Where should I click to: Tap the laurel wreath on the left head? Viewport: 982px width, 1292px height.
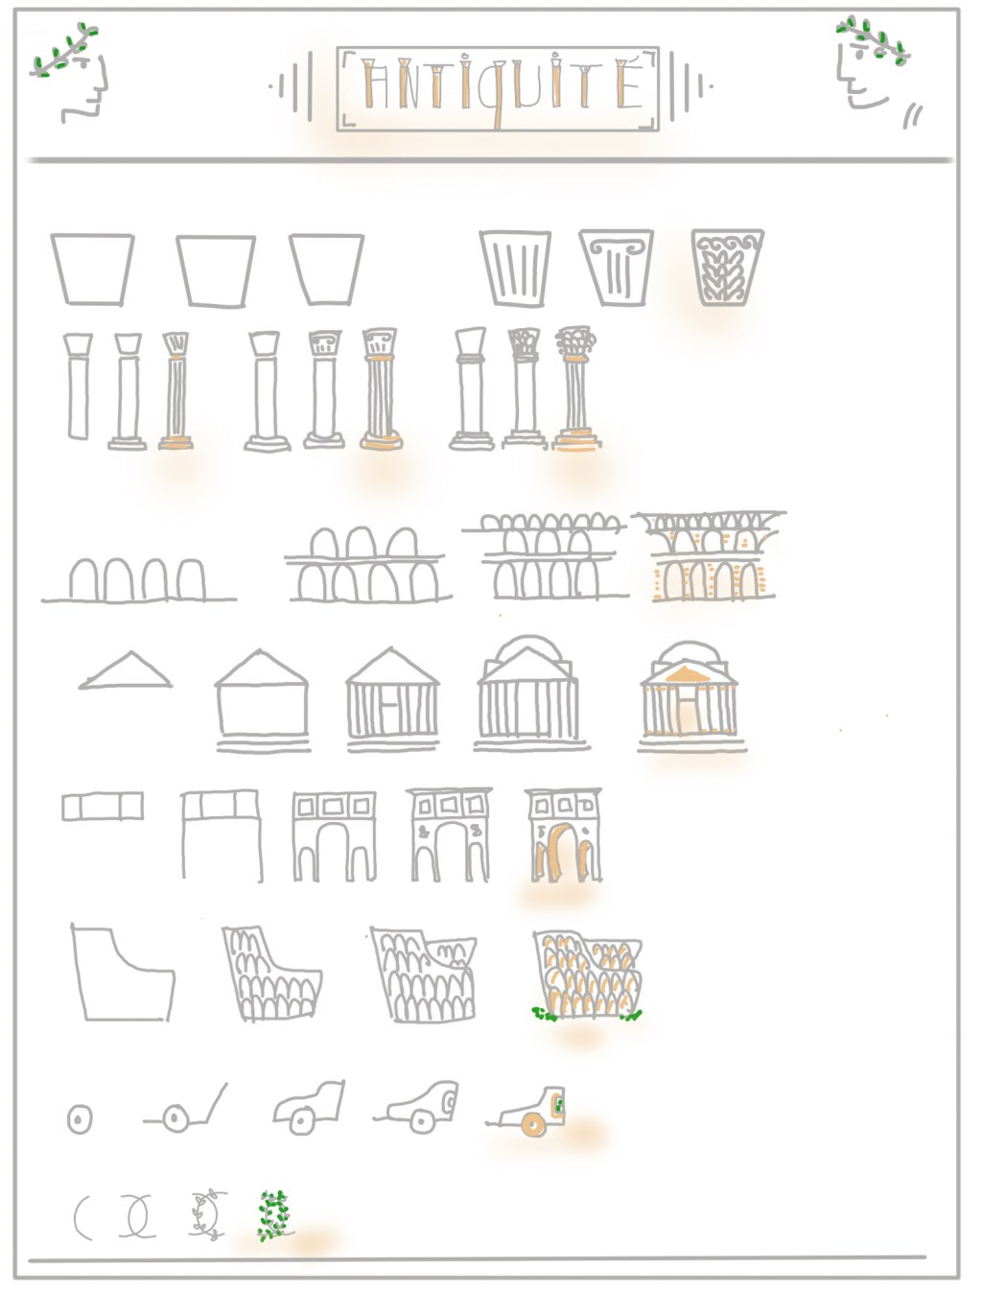(x=64, y=50)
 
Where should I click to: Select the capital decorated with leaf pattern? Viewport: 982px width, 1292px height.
(x=728, y=268)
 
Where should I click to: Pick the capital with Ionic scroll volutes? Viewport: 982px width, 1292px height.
(x=616, y=268)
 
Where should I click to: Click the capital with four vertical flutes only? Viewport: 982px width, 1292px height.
(x=515, y=269)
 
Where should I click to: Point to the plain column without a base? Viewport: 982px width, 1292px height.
(x=78, y=386)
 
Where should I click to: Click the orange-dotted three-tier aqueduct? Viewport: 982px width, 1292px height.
(x=710, y=556)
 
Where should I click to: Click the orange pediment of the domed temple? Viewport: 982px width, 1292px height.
(x=687, y=674)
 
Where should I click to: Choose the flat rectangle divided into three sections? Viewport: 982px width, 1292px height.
(x=103, y=806)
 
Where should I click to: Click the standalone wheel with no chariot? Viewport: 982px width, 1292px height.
(x=80, y=1119)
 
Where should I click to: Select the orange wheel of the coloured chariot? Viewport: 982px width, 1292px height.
(x=533, y=1125)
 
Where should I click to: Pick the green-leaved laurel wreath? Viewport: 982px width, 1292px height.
(x=274, y=1215)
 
